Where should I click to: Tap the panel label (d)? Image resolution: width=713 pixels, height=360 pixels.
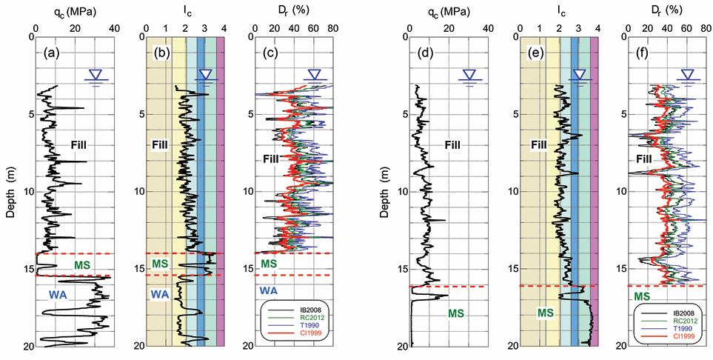[x=425, y=53]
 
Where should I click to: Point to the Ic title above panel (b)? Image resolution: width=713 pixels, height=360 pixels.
[x=184, y=12]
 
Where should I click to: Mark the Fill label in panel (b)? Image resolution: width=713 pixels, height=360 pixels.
[x=161, y=144]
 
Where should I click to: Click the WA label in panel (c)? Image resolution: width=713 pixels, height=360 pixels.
[x=268, y=290]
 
